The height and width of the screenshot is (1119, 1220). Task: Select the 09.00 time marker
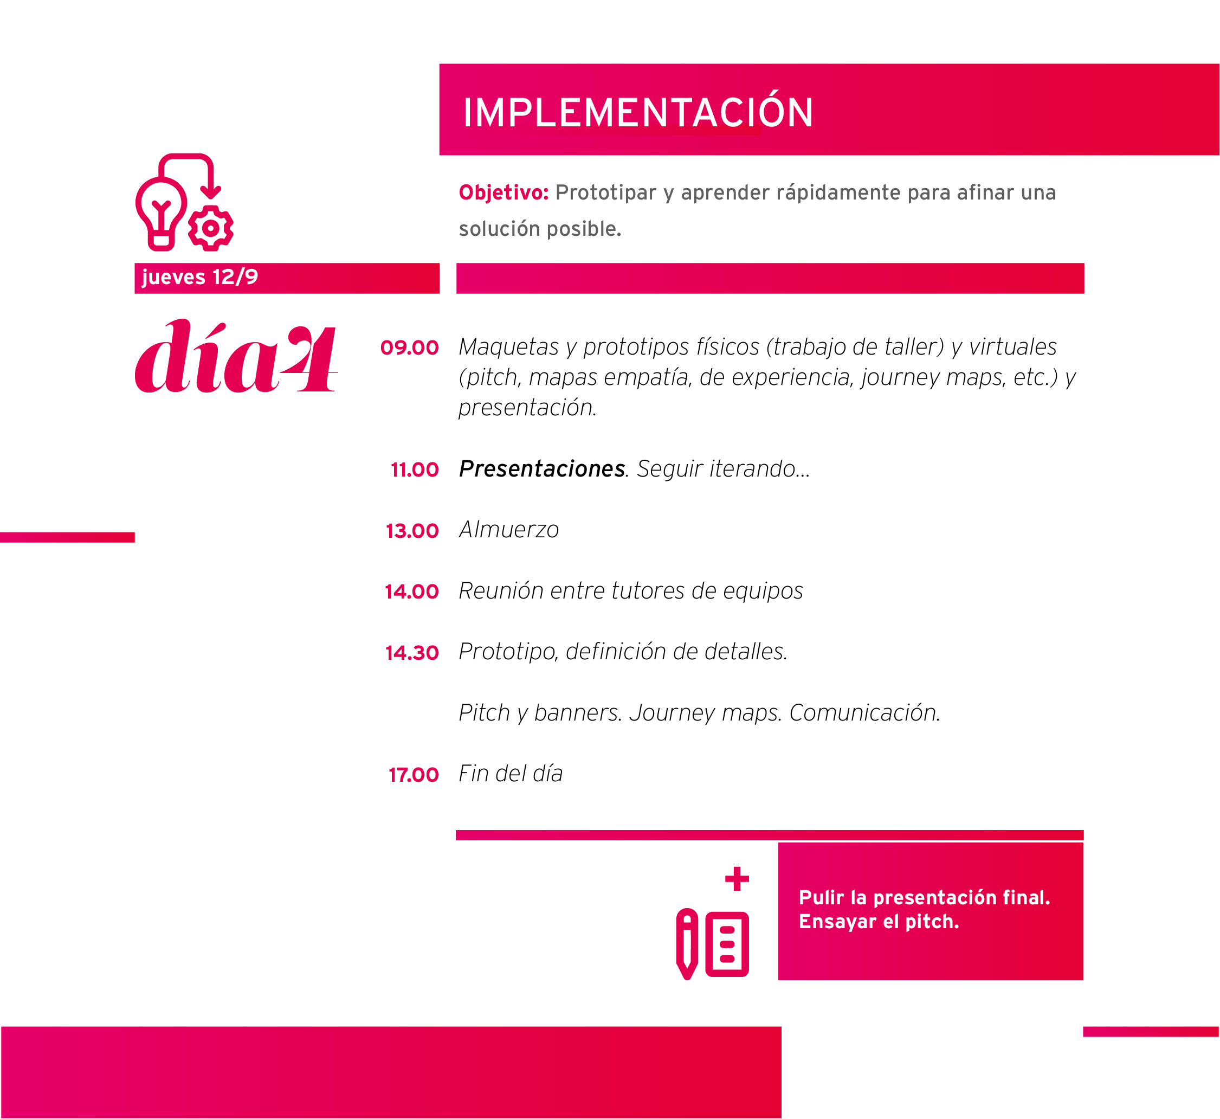click(409, 348)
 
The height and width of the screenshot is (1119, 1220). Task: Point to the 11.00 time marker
click(415, 470)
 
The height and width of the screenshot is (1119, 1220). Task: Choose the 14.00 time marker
click(412, 591)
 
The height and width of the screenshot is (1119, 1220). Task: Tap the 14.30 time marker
click(412, 653)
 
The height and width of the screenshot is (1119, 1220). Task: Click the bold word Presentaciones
click(542, 468)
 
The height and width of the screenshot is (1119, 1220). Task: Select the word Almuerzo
click(508, 529)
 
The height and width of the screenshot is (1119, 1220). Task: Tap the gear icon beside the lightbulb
click(211, 228)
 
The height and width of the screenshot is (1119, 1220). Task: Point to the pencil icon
click(687, 944)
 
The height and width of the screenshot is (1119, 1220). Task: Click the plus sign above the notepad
click(737, 879)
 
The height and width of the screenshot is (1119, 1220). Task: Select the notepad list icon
click(727, 944)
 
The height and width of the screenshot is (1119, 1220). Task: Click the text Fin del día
click(511, 773)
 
